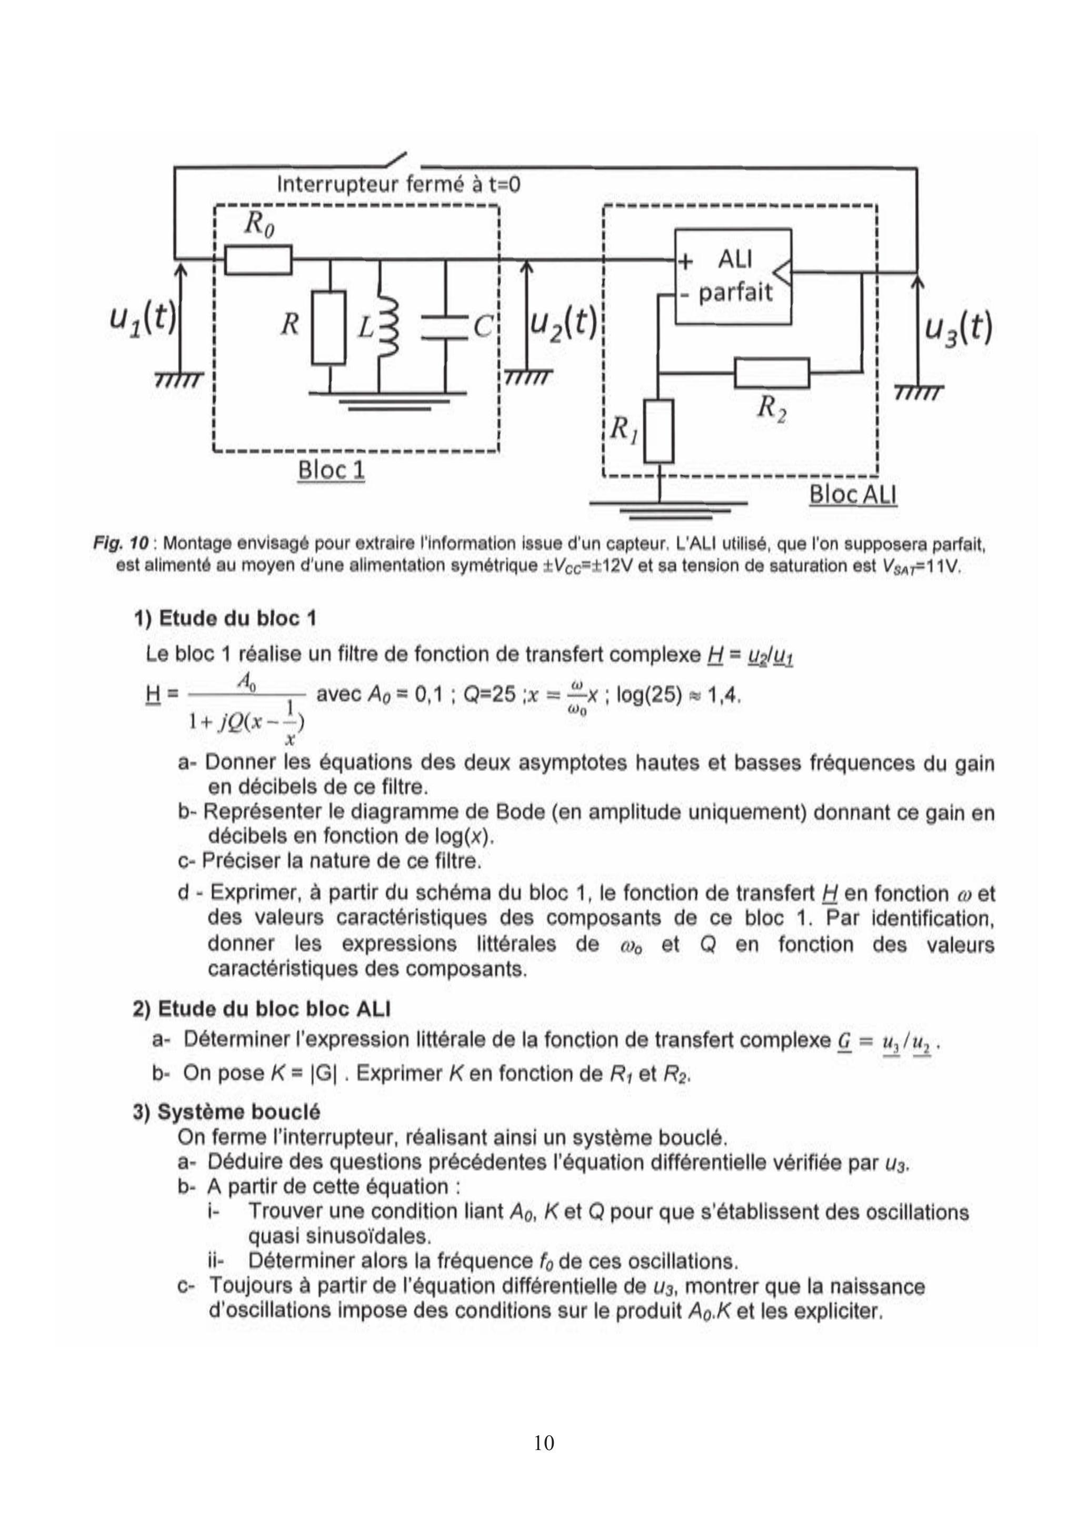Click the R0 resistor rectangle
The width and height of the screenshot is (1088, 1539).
tap(258, 260)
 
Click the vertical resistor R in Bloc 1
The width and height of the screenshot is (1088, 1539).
tap(328, 327)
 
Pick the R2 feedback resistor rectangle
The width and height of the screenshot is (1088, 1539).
tap(772, 373)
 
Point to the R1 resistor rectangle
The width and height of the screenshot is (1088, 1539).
tap(660, 431)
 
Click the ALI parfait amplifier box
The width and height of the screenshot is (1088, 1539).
tap(733, 276)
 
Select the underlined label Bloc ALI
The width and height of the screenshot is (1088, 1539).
tap(853, 495)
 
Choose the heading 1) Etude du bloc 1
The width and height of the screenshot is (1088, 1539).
tap(225, 617)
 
